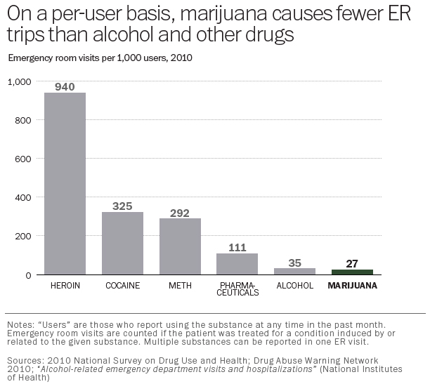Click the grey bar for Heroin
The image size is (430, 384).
65,183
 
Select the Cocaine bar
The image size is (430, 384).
122,243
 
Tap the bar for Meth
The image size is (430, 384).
180,246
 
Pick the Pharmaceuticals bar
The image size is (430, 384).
237,263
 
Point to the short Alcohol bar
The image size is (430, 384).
294,271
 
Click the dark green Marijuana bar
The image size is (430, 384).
352,272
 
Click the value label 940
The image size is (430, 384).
65,86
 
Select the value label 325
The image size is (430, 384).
122,206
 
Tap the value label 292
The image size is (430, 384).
180,212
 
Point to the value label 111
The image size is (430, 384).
237,247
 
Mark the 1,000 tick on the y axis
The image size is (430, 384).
20,81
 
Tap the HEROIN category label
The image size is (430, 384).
65,286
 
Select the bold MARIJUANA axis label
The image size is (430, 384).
352,286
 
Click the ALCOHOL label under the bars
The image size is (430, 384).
294,286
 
